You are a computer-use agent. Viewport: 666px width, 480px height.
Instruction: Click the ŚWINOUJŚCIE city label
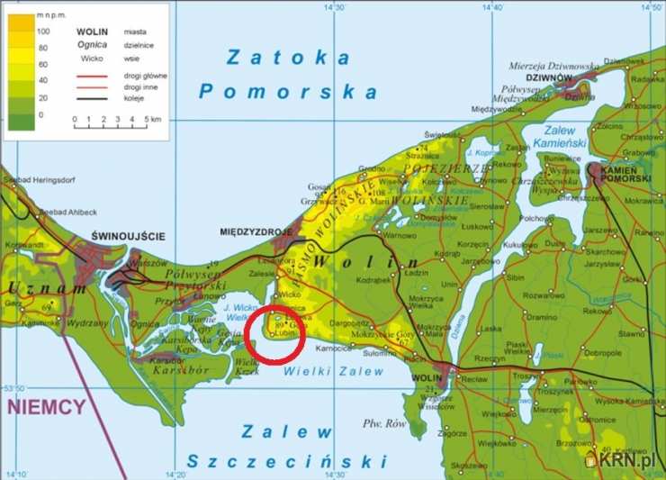coord(129,236)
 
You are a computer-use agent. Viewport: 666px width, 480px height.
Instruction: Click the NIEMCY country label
coord(46,406)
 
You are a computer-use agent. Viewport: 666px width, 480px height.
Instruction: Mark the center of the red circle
coord(275,334)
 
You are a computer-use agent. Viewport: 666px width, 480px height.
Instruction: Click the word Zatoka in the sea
coord(288,59)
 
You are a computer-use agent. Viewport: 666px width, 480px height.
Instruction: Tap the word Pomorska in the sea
coord(288,91)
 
